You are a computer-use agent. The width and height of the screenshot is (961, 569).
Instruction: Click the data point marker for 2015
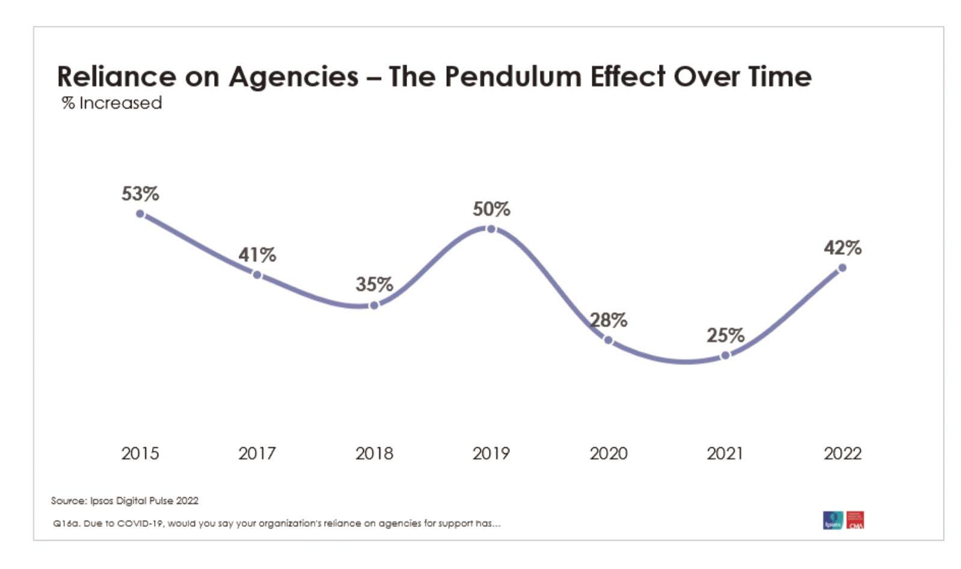(x=140, y=214)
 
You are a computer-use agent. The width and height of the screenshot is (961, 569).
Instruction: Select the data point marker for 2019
(x=491, y=229)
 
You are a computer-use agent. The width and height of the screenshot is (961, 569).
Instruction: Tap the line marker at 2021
(x=725, y=355)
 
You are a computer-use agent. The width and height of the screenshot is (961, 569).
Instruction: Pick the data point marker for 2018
(x=374, y=306)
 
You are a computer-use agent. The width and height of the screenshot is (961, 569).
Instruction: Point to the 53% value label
(x=140, y=194)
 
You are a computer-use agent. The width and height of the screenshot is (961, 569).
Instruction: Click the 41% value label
(x=257, y=255)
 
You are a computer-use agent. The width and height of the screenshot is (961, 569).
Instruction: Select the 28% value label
(x=608, y=320)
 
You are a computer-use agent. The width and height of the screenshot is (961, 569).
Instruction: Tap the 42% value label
(x=842, y=248)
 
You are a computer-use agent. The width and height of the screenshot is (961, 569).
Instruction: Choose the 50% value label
(x=491, y=209)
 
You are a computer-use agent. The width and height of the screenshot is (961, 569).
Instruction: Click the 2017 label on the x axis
(x=257, y=453)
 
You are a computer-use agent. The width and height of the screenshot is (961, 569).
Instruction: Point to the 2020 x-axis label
(x=608, y=453)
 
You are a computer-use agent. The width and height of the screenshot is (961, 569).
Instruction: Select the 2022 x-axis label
(x=842, y=453)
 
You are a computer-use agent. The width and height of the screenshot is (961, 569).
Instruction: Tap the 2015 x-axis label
(x=140, y=453)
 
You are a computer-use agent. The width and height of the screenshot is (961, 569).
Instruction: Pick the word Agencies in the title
(x=293, y=77)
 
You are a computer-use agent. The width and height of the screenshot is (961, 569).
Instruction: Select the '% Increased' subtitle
(x=112, y=103)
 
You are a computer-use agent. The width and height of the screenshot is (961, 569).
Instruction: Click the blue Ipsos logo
(x=832, y=520)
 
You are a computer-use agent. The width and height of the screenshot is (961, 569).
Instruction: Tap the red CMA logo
(x=855, y=520)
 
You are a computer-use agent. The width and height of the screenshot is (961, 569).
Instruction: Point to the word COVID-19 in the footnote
(x=140, y=523)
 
